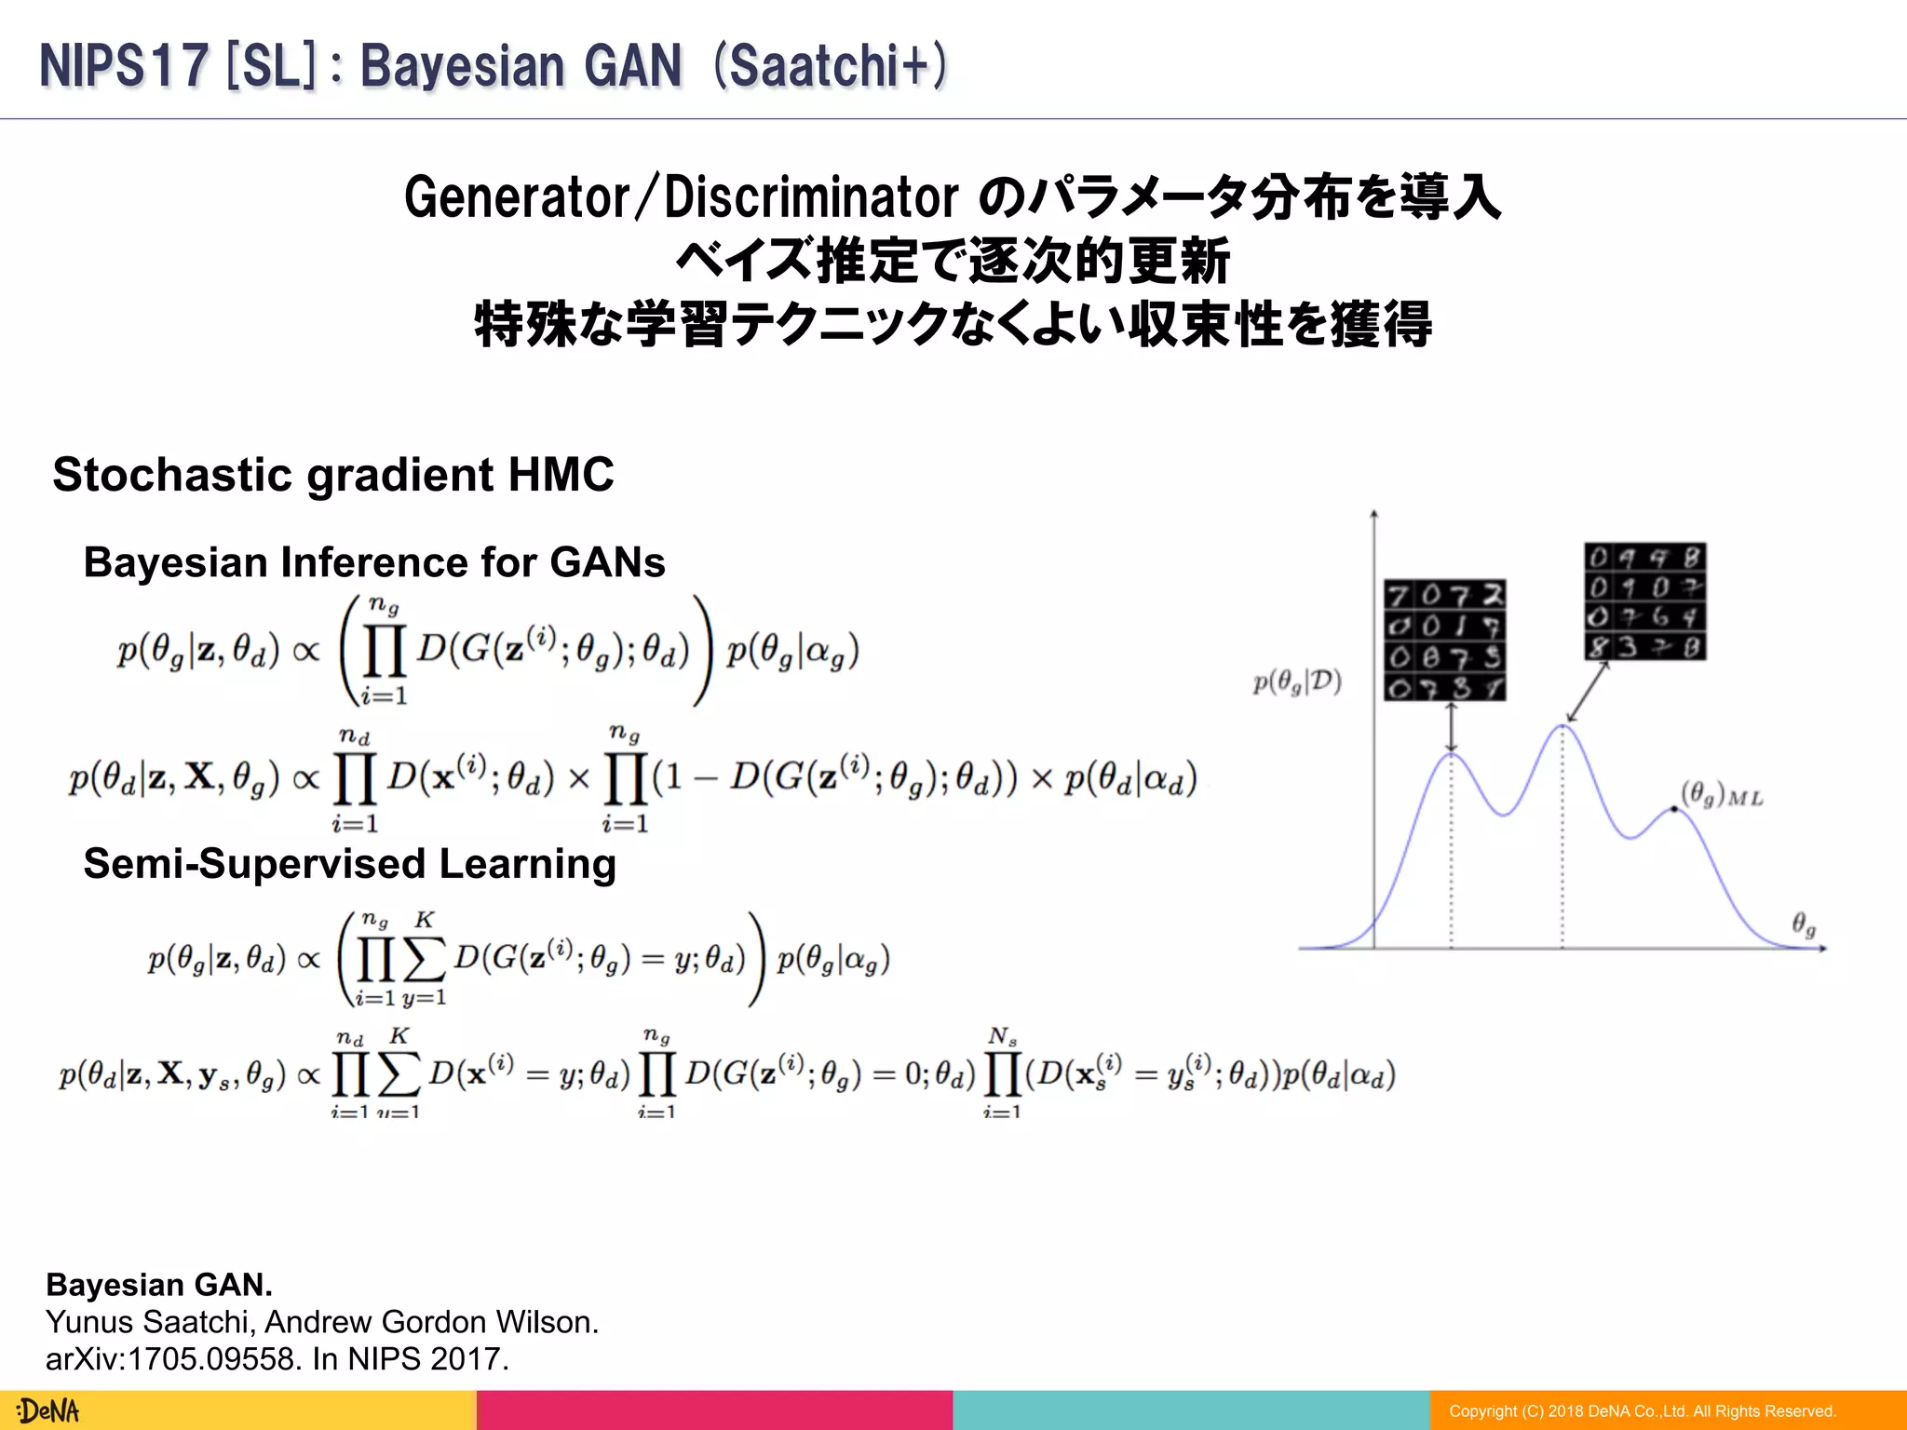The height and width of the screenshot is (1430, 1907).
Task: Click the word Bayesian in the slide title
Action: pos(462,67)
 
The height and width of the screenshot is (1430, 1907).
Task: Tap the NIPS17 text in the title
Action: pos(123,67)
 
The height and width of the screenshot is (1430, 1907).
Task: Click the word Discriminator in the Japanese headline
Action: pos(811,197)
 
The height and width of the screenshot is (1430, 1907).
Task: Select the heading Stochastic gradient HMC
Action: pos(333,475)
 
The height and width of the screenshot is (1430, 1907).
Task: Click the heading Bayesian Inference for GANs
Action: pos(374,562)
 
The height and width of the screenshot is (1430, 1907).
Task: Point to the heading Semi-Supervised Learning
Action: pos(350,864)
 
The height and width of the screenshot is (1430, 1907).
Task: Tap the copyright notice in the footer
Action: pos(1642,1411)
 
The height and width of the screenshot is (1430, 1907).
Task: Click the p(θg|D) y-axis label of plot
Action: pos(1296,682)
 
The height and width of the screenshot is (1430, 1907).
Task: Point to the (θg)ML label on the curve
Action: pos(1721,795)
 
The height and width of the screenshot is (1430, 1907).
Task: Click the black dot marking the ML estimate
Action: pos(1674,809)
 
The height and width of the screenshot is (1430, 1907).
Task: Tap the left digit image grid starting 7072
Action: pos(1444,641)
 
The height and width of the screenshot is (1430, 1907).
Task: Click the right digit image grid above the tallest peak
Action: pos(1644,601)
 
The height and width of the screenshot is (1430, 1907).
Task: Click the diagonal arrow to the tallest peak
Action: pos(1588,692)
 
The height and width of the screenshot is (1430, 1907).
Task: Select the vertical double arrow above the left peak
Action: pos(1451,727)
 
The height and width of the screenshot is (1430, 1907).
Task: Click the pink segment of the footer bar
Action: pos(714,1410)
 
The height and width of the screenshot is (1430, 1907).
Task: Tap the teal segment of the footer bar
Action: pos(1191,1410)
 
